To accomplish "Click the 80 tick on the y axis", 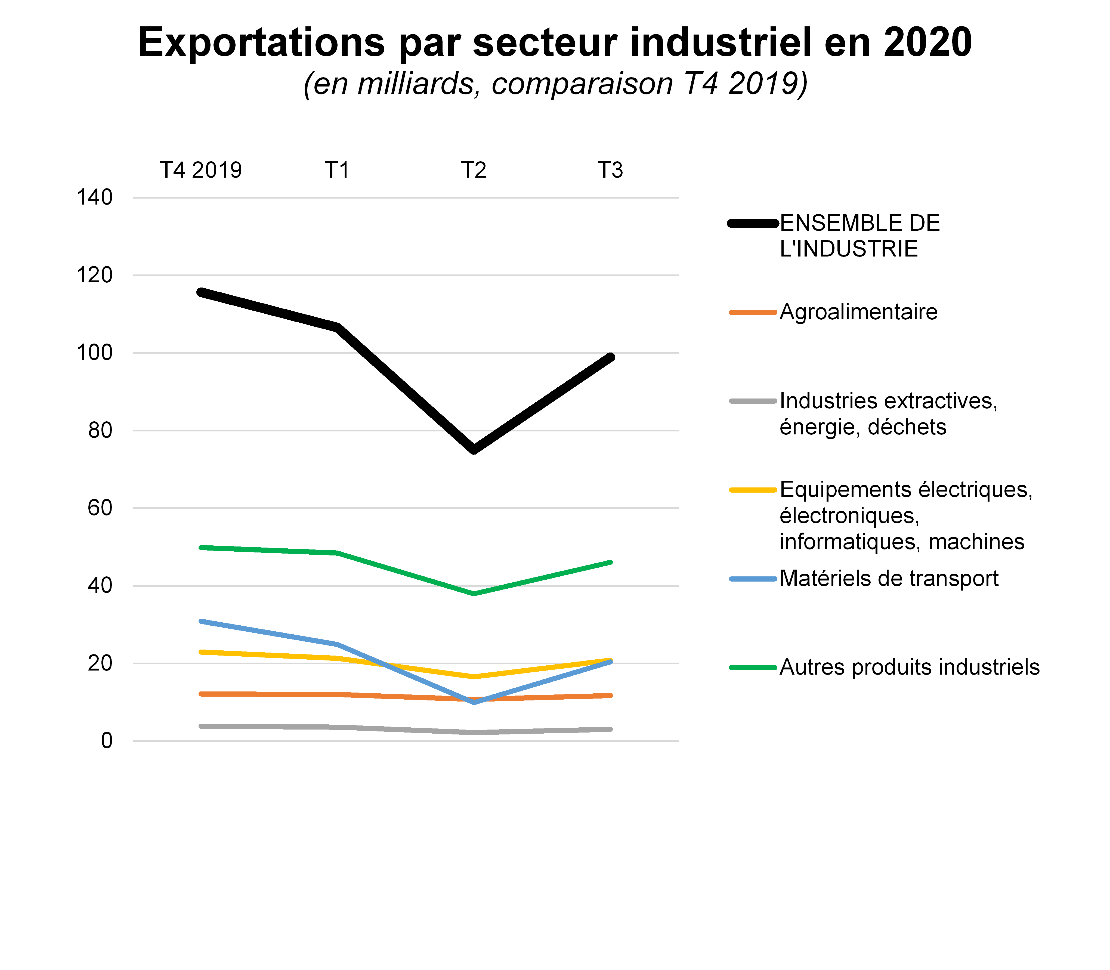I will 100,430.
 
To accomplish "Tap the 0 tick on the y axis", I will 107,740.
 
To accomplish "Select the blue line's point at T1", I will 337,644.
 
